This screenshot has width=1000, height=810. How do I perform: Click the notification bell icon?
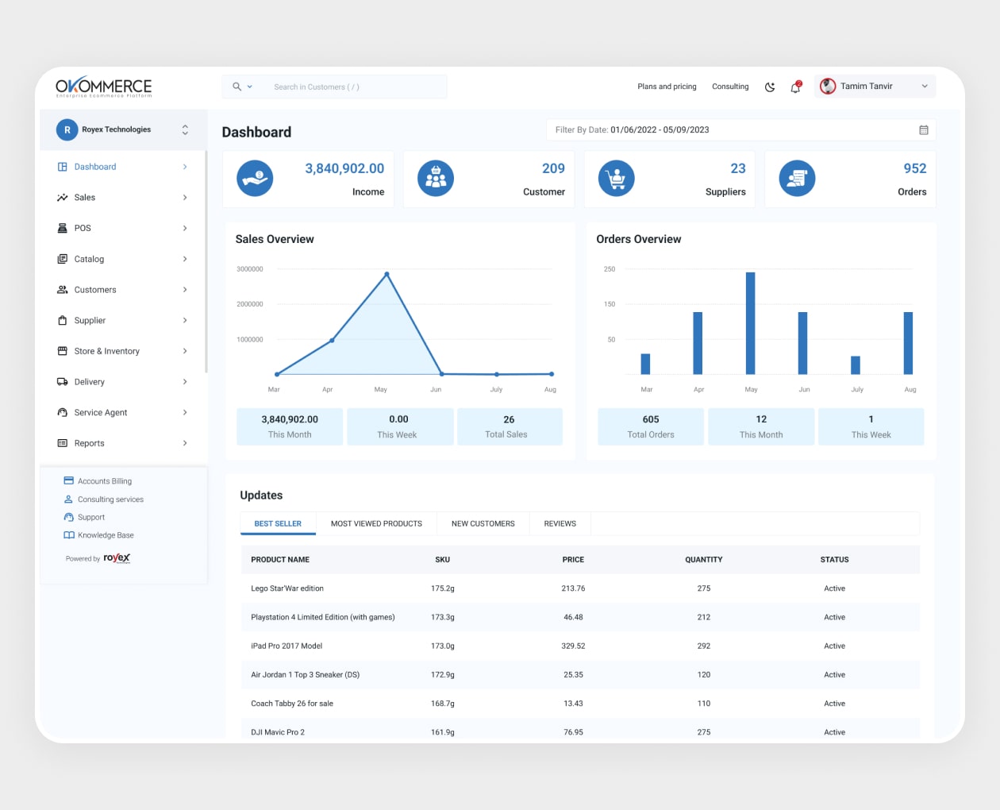795,87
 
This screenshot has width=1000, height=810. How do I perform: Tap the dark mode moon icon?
769,87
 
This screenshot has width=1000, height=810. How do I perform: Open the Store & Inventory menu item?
106,351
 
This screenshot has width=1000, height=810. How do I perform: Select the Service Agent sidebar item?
101,413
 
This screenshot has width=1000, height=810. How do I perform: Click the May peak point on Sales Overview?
387,275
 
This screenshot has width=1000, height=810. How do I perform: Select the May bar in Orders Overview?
750,323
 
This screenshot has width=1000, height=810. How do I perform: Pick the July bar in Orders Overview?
856,365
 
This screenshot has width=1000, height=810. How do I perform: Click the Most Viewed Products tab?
376,524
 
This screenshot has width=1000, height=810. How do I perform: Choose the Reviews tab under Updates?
560,524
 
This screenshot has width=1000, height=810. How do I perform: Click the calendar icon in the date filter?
924,130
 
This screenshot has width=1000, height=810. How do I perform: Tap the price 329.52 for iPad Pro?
573,646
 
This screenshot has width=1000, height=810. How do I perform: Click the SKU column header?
442,560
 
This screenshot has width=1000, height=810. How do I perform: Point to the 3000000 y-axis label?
249,269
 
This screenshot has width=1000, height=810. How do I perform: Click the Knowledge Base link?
106,535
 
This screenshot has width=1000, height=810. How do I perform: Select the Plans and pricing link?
667,87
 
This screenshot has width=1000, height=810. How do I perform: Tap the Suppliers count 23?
737,168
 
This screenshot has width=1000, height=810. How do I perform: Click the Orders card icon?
797,179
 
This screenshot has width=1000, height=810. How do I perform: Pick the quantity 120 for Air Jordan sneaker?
703,675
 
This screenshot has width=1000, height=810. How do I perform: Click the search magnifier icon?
237,87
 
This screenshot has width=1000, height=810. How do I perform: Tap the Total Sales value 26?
509,419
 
